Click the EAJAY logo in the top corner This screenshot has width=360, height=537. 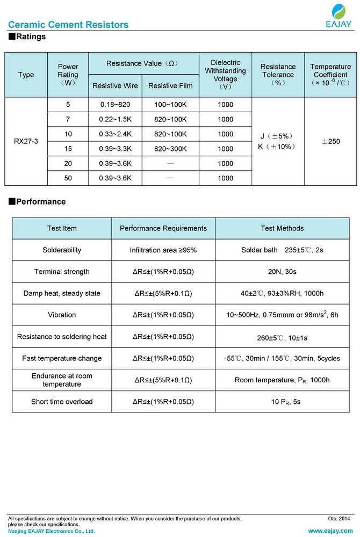coord(339,16)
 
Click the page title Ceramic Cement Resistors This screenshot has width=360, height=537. coord(68,25)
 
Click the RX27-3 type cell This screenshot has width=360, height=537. coord(26,141)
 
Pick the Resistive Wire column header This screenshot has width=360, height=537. coord(115,86)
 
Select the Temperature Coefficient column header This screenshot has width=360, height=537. coord(330,75)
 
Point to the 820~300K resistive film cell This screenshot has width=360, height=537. coord(170,149)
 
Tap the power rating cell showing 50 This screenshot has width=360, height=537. coord(68,178)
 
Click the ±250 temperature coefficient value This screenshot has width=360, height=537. coord(330,141)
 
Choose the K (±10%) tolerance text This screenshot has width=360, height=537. coord(278,147)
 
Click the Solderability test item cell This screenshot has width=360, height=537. coord(62,250)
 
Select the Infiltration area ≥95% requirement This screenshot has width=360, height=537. coord(163,250)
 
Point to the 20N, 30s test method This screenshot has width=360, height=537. coord(282,272)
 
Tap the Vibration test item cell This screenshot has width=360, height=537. coord(62,315)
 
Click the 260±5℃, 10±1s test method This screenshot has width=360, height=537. coord(282,337)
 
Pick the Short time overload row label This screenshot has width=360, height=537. coord(62,402)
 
